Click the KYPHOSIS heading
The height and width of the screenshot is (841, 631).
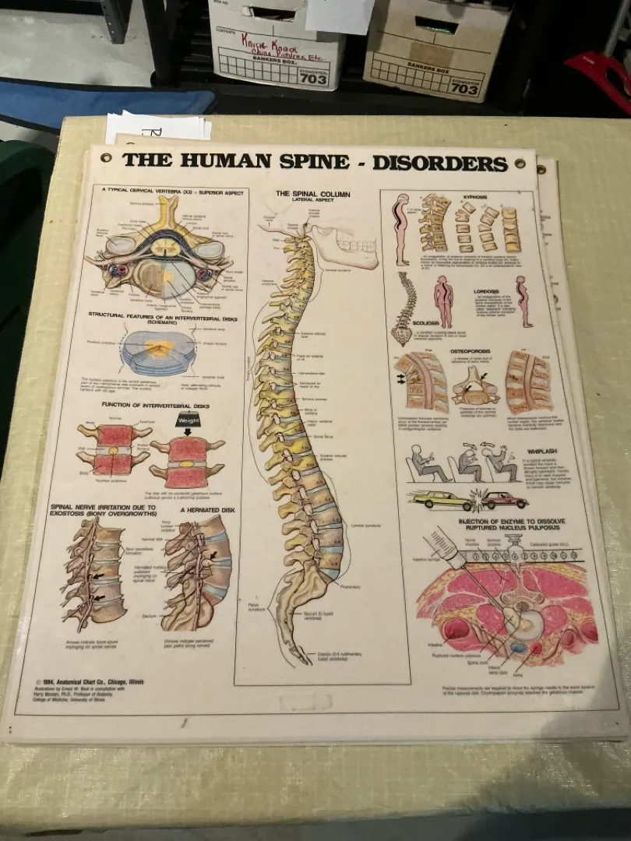474,197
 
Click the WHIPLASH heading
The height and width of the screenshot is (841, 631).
542,450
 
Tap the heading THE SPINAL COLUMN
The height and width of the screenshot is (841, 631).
312,193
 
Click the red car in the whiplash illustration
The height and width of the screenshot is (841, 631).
505,499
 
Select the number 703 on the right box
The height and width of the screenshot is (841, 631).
465,89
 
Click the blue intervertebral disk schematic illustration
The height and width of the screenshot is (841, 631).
158,351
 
